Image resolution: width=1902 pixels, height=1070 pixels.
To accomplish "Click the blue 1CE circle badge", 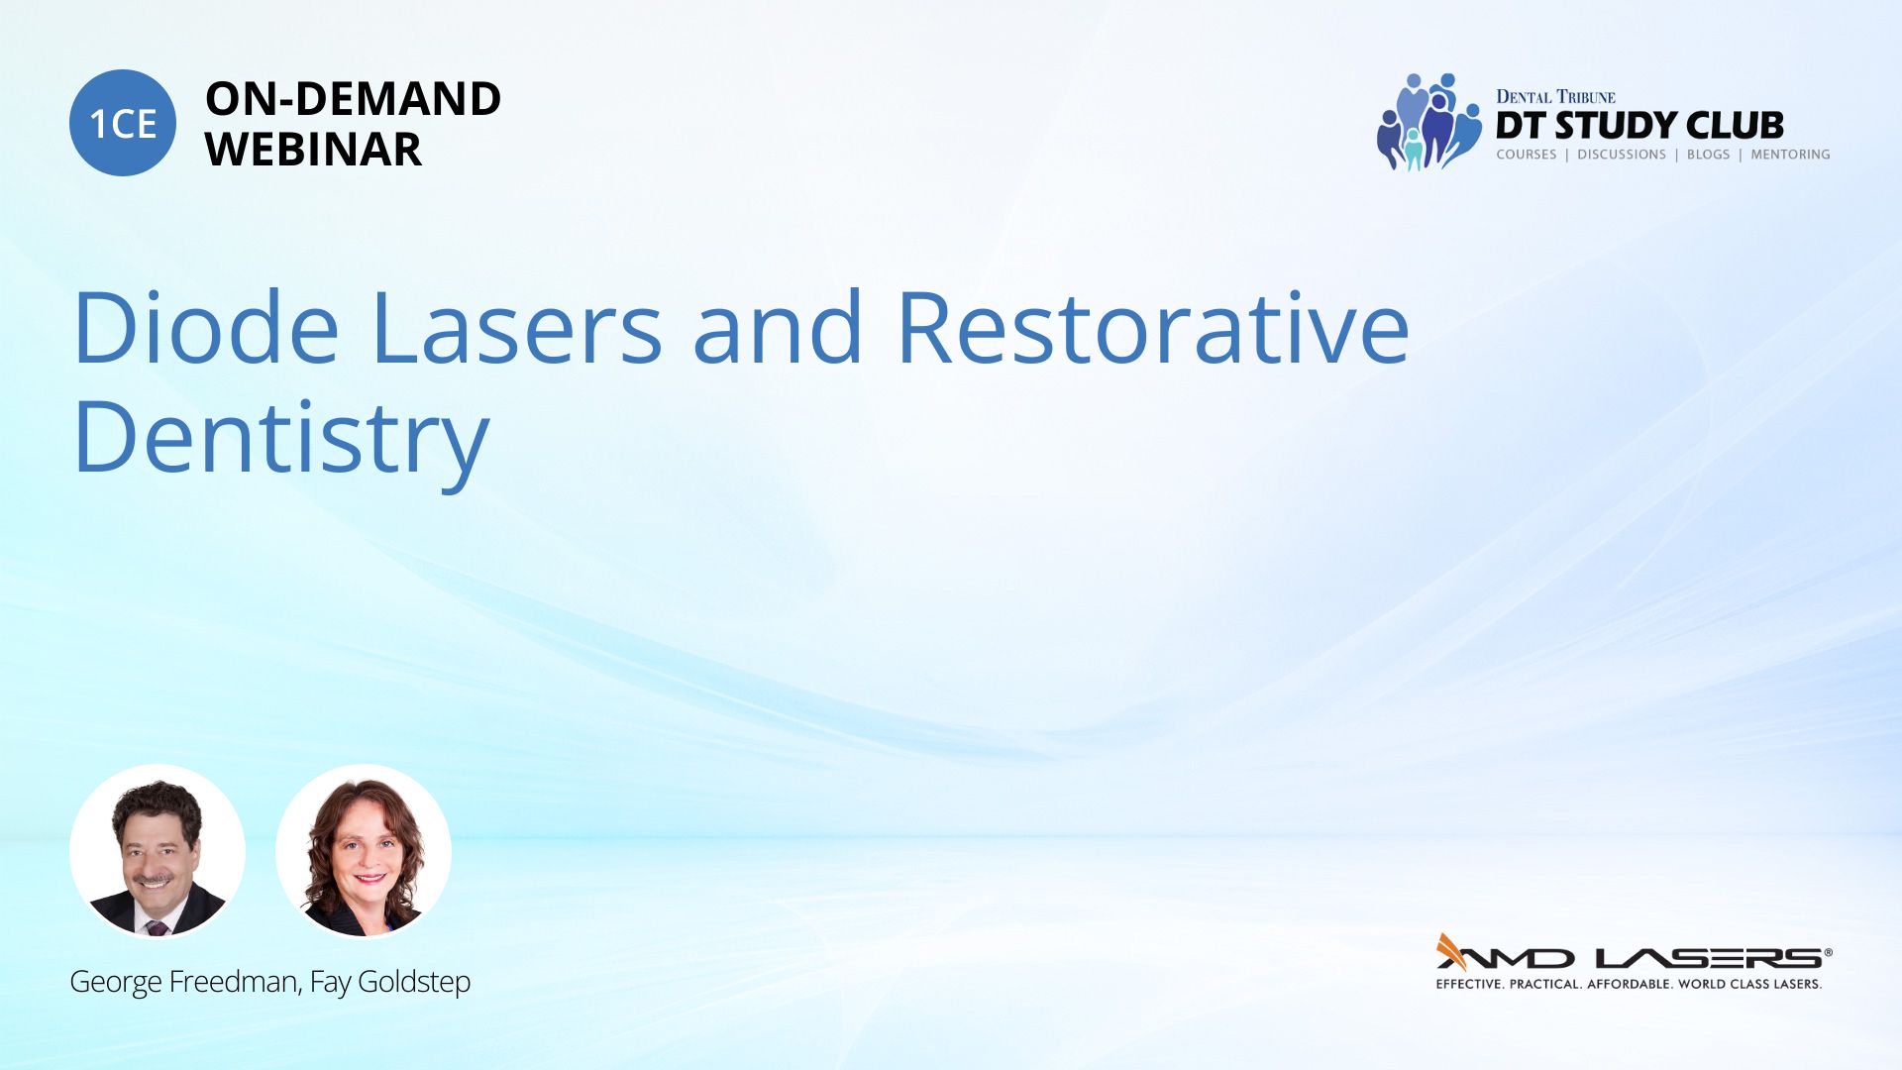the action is coord(123,123).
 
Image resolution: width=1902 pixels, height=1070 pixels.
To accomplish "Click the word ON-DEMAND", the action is coord(353,99).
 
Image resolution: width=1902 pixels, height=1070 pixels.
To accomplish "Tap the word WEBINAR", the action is coord(313,150).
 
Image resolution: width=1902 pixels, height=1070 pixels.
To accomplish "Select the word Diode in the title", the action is coord(206,327).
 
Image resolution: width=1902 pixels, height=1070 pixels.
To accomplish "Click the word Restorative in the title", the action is coord(1152,327).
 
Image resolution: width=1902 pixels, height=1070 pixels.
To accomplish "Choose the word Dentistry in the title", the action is coord(281,438).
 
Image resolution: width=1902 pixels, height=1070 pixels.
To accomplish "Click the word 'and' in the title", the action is coord(778,327).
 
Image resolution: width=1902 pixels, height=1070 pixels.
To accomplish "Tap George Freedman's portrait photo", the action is coord(158,851).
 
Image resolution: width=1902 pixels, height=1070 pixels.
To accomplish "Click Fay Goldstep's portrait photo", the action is coord(364,851).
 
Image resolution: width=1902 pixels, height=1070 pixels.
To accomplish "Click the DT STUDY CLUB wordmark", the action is coord(1639,126).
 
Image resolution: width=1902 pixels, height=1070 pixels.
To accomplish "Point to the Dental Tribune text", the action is coord(1555,96).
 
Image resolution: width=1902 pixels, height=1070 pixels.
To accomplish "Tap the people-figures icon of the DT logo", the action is coord(1428,122).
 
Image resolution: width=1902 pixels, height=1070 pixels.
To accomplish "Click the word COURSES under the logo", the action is coord(1526,155).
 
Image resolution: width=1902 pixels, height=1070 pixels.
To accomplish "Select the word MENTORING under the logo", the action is coord(1790,155).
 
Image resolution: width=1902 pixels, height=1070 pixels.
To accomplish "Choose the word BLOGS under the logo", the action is coord(1708,155).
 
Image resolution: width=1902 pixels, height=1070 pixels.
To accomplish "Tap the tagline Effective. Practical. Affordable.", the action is coord(1554,984).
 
